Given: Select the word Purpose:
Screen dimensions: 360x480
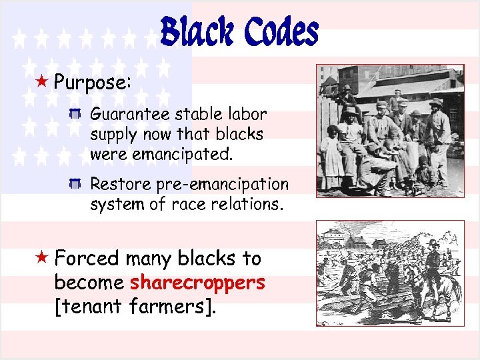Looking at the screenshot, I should (x=93, y=83).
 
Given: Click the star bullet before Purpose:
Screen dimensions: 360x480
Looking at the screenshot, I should (x=42, y=83).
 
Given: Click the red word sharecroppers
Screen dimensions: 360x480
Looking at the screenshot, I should (x=197, y=283).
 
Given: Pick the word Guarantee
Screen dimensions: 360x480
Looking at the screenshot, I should (x=131, y=115).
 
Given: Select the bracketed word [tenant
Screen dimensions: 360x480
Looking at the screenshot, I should (x=89, y=307).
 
